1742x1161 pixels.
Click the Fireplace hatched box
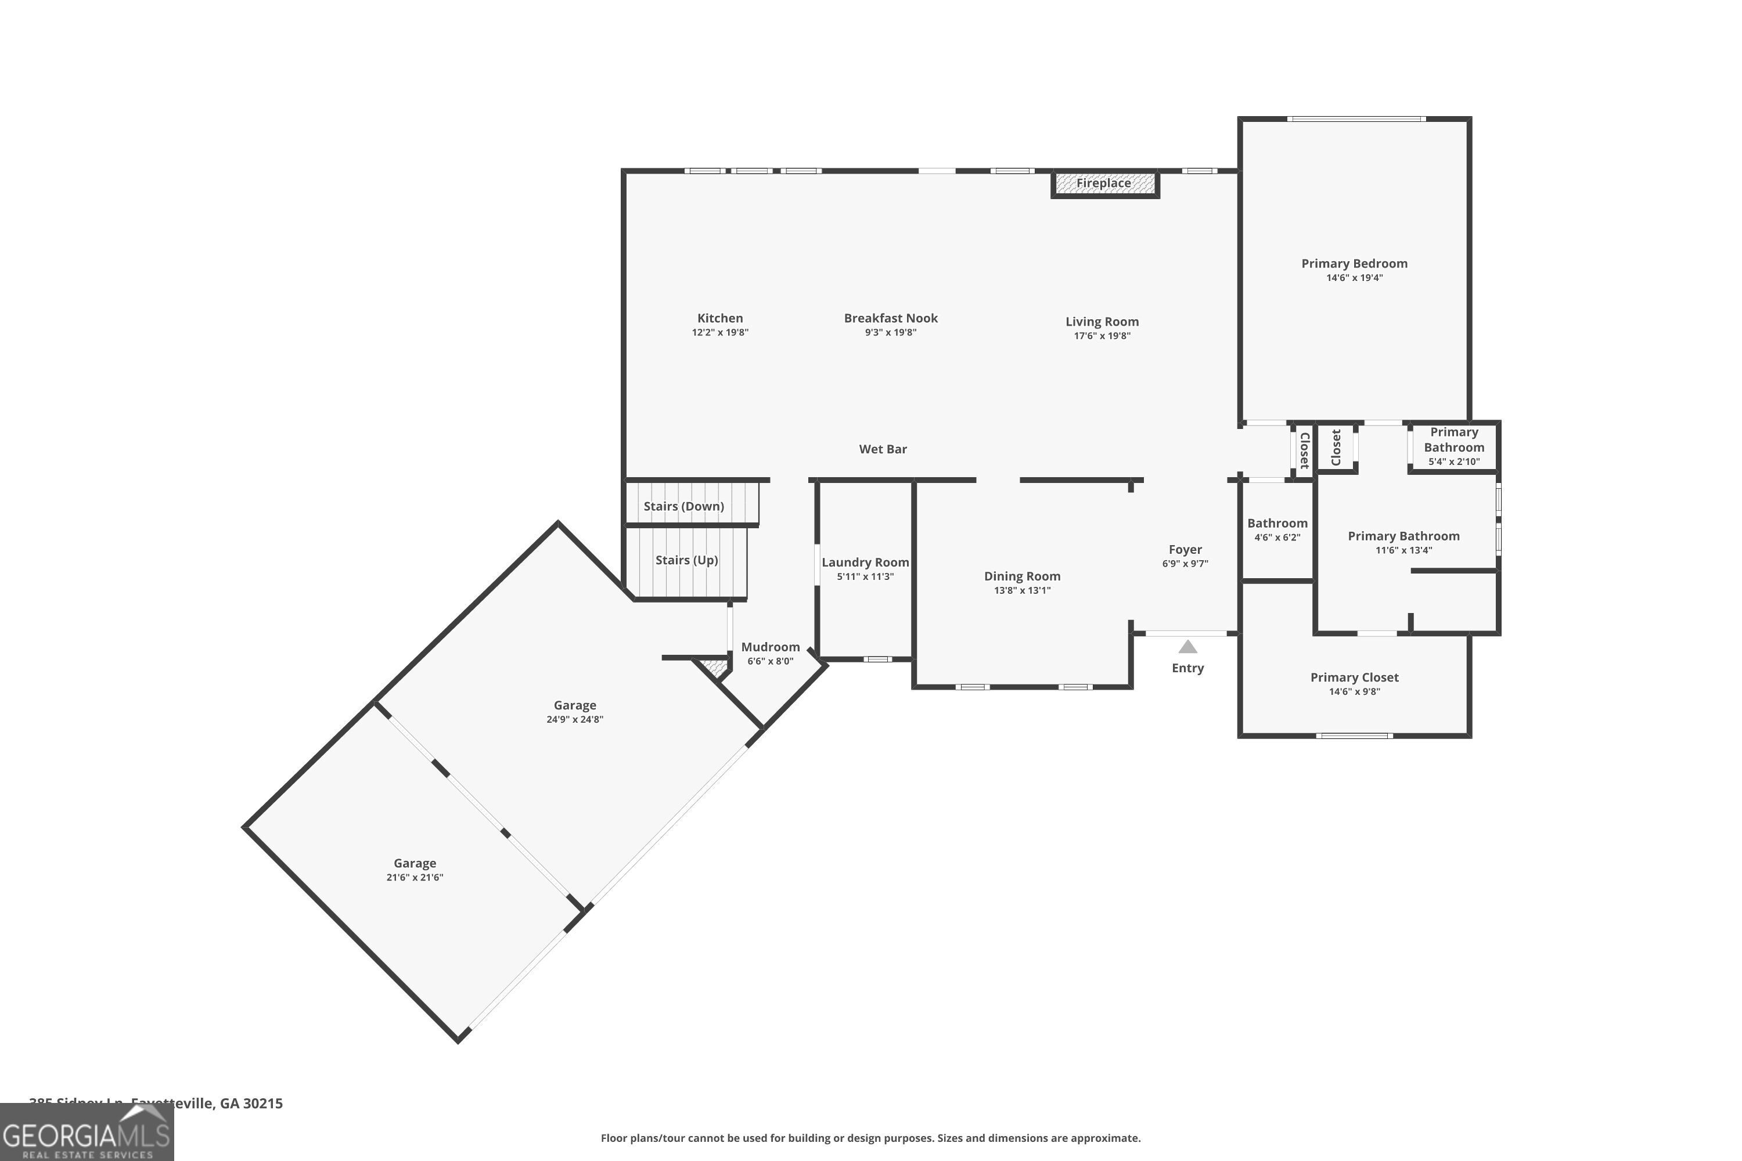click(x=1104, y=183)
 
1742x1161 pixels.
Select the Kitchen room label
click(x=720, y=318)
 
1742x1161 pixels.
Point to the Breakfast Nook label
click(x=890, y=318)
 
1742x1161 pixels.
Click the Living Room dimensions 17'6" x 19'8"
click(x=1102, y=336)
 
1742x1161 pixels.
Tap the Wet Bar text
click(x=883, y=449)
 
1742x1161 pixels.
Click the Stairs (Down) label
click(x=683, y=506)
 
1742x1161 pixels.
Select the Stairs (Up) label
click(x=686, y=561)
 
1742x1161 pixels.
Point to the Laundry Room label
click(x=865, y=563)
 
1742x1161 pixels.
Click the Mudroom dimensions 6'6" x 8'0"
click(x=771, y=661)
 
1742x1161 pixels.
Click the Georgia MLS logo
click(x=87, y=1133)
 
